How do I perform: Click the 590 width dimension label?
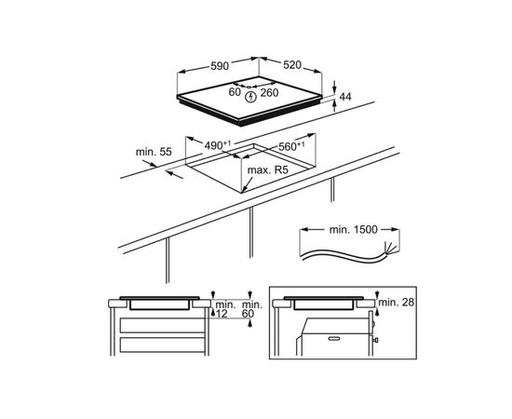[220, 66]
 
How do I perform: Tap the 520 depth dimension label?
[292, 65]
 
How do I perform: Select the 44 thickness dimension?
[345, 97]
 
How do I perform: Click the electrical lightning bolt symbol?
[250, 97]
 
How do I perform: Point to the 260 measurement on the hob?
[269, 93]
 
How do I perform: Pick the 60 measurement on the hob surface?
[235, 92]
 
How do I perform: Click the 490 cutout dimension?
[218, 145]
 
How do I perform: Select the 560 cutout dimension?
[291, 146]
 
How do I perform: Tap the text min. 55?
[154, 152]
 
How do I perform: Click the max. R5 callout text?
[268, 170]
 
